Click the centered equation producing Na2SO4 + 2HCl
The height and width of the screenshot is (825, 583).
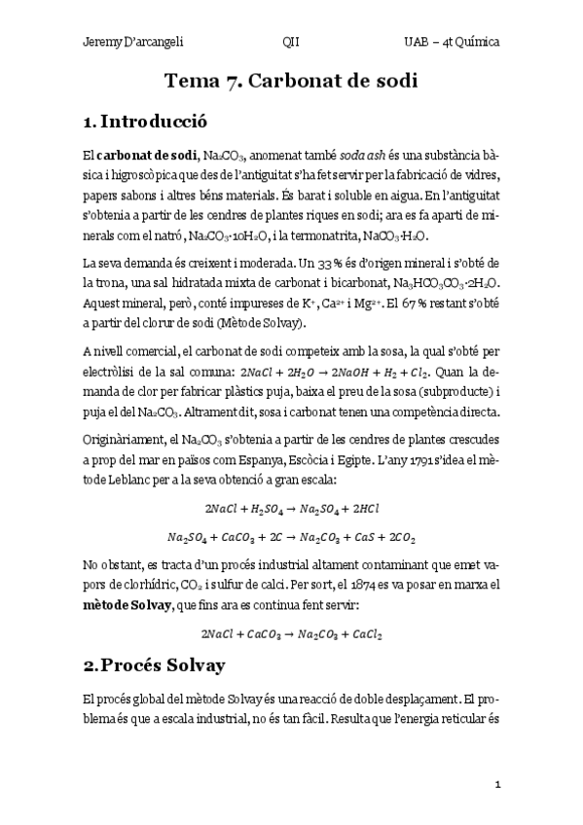click(x=291, y=507)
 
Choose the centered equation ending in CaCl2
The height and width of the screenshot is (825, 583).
click(x=291, y=633)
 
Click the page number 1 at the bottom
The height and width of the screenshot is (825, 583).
click(x=496, y=783)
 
